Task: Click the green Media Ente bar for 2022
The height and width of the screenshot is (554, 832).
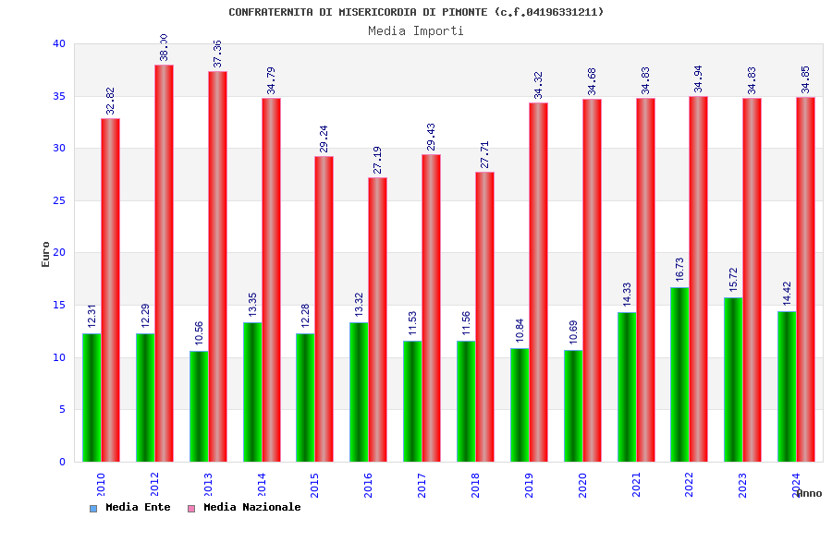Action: point(679,374)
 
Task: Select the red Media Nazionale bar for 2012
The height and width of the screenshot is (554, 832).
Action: point(164,263)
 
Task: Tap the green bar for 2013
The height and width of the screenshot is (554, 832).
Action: point(199,406)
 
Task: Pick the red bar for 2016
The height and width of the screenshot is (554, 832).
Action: point(377,319)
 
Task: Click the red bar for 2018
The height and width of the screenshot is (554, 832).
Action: point(484,317)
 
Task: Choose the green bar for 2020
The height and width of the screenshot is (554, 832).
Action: point(573,405)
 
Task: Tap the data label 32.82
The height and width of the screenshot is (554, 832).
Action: point(110,101)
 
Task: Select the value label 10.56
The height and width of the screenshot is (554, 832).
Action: point(198,333)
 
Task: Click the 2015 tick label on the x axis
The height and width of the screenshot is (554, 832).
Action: point(315,486)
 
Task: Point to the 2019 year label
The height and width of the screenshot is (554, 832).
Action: point(530,486)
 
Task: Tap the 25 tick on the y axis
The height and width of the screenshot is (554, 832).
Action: point(59,200)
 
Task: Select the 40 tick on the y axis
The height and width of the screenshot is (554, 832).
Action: point(59,43)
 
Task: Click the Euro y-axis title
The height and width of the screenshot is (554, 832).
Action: point(46,254)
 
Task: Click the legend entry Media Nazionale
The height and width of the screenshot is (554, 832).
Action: point(251,507)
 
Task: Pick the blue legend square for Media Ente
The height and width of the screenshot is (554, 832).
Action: point(93,508)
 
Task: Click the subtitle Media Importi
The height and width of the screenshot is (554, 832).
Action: point(416,30)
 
